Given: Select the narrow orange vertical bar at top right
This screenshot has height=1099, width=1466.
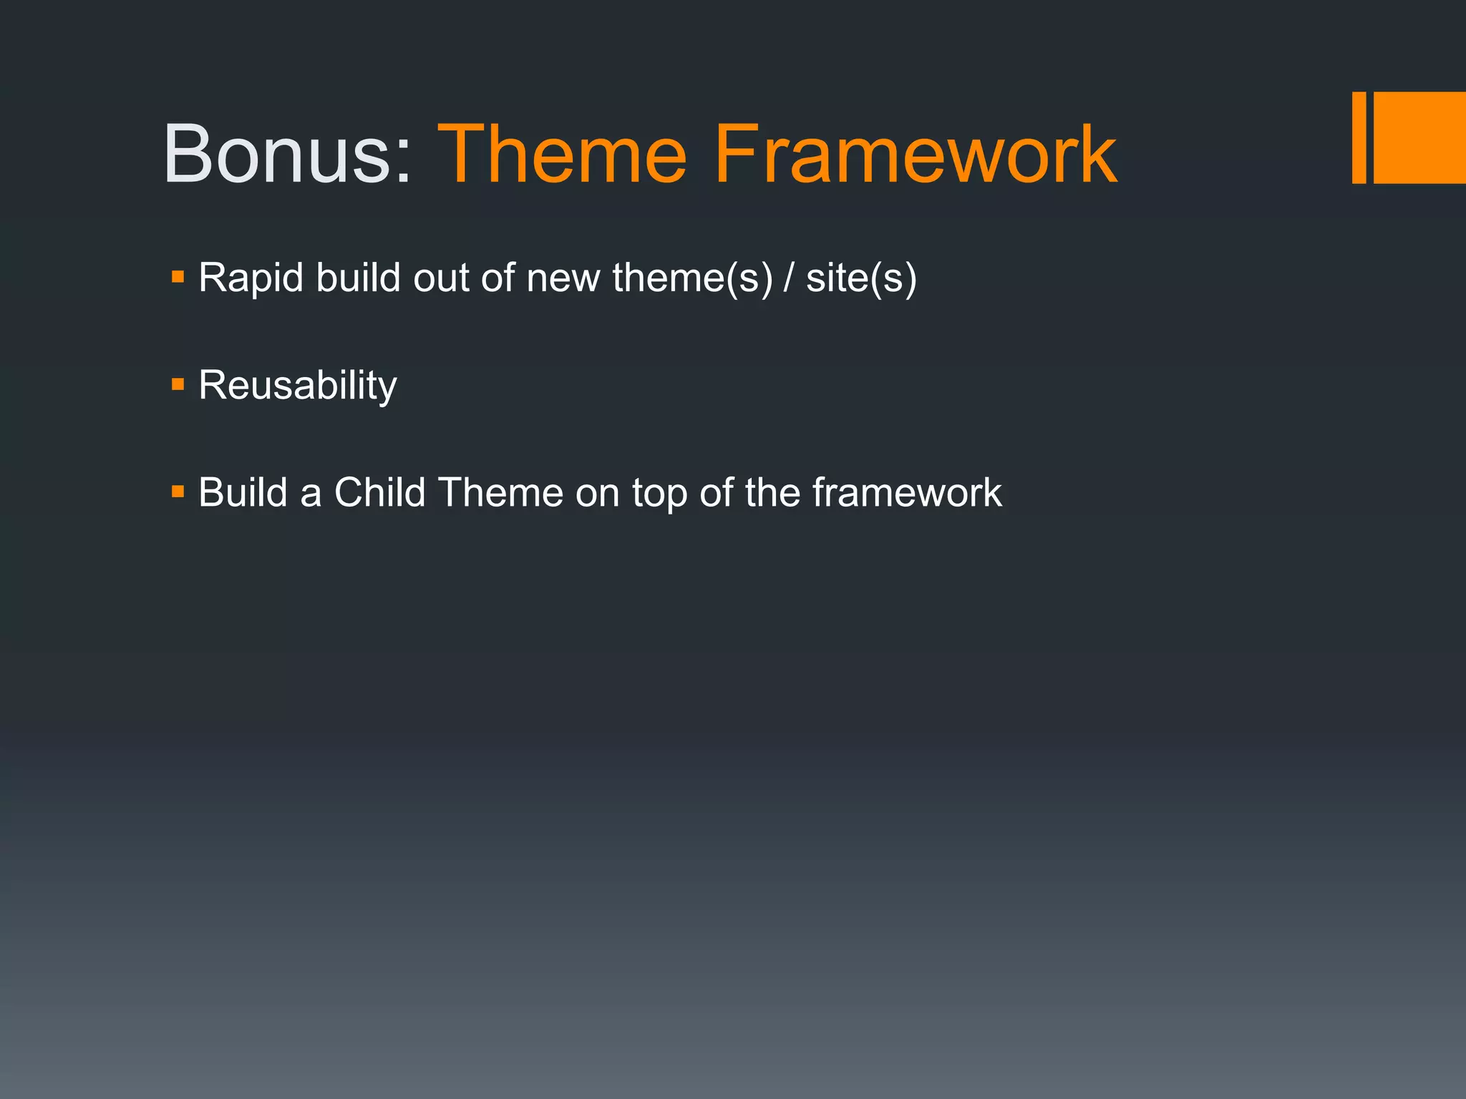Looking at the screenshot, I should coord(1358,137).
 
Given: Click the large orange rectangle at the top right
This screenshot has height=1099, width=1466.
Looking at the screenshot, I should coord(1419,137).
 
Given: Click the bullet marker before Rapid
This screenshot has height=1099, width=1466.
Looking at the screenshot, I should coord(178,276).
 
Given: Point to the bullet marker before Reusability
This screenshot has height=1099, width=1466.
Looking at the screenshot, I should coord(178,385).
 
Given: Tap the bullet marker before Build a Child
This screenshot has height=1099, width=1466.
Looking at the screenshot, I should coord(178,492).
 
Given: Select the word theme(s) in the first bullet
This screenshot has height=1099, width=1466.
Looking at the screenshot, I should coord(692,278).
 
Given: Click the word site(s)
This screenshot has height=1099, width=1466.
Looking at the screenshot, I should coord(861,278).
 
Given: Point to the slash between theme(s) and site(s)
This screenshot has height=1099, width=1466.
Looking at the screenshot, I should coord(789,278).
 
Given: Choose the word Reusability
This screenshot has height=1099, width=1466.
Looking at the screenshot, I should coord(297,386).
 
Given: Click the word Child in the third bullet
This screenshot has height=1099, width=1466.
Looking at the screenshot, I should coord(379,492).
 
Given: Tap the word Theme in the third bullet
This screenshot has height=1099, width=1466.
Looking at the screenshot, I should coord(501,492).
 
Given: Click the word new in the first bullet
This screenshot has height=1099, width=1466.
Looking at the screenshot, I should coord(563,279).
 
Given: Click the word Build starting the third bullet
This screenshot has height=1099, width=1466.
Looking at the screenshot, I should coord(242,492).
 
